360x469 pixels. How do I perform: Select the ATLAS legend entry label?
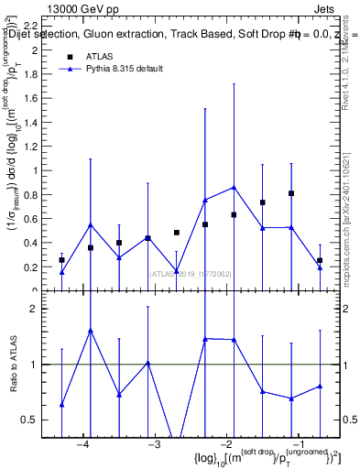tap(100, 56)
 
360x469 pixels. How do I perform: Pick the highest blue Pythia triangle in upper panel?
tap(234, 187)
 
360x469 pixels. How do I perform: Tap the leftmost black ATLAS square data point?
tap(61, 260)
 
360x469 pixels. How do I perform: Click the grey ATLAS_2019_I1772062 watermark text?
tap(192, 273)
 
